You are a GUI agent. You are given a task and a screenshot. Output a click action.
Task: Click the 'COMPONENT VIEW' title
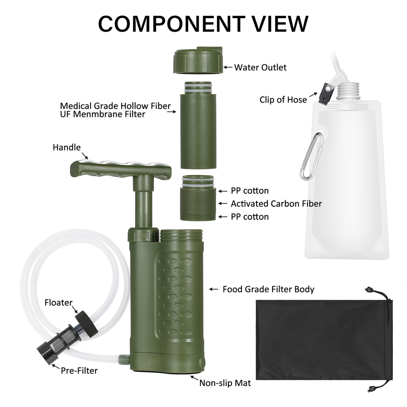203,24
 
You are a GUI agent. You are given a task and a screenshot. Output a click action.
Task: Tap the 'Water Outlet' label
260,67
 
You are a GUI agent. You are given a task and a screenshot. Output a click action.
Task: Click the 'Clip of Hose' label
283,100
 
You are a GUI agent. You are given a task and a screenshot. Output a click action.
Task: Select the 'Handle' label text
67,147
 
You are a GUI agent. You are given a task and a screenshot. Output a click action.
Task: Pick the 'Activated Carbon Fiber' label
276,204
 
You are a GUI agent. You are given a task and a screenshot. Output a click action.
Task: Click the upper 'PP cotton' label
250,191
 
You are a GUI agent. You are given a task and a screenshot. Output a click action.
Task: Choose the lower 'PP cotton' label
250,217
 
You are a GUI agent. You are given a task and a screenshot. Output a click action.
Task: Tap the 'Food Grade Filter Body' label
268,289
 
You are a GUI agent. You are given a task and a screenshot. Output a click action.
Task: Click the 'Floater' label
58,303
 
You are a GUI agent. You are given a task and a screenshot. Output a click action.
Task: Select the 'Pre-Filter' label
79,370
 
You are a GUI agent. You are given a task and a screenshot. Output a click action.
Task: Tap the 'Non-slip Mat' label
225,383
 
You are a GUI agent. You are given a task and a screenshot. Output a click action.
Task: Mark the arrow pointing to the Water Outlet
228,67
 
